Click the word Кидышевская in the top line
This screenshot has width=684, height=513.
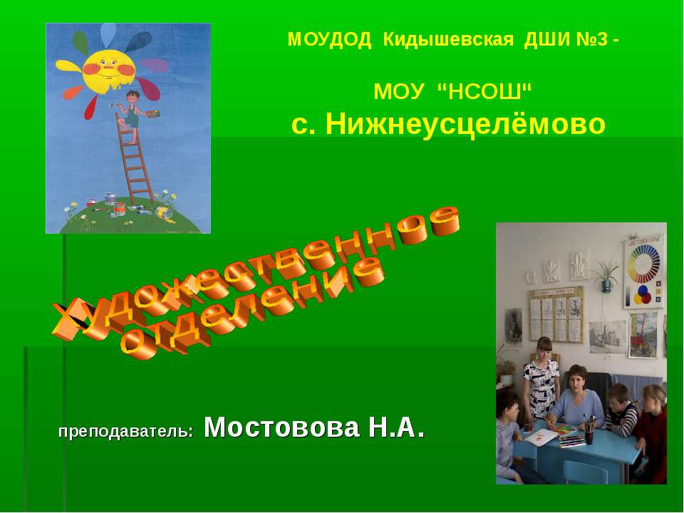(x=447, y=40)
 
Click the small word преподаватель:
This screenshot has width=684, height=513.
(x=125, y=431)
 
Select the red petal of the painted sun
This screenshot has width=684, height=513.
(x=90, y=108)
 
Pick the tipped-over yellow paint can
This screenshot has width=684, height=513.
(x=163, y=212)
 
